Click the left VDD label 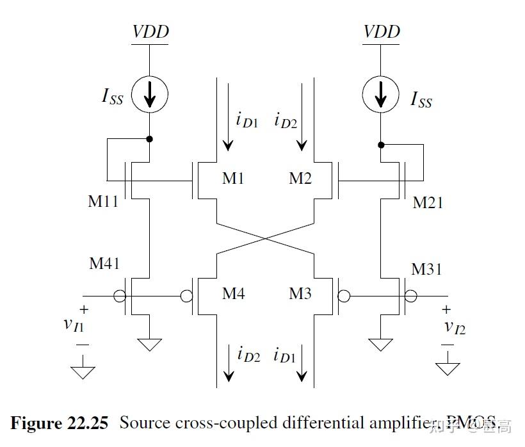[150, 31]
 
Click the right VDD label [382, 31]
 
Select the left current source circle [150, 94]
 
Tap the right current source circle [382, 94]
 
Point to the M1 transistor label [233, 178]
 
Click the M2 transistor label [299, 178]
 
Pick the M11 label [103, 202]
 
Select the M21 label [428, 202]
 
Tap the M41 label [104, 263]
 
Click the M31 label [427, 269]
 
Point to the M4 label [233, 294]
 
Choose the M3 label [300, 294]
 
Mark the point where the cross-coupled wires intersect [266, 238]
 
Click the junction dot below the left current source [150, 138]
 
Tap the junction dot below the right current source [382, 145]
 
